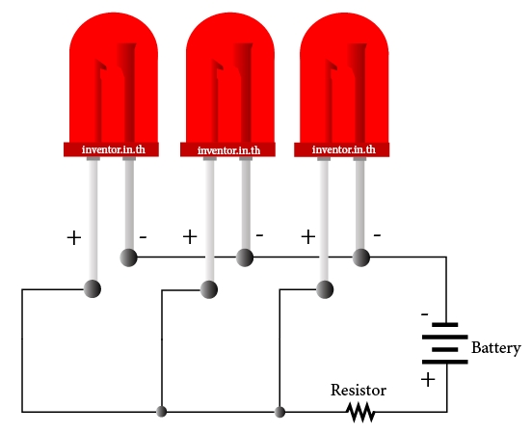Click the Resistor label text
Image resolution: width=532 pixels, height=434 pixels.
pyautogui.click(x=359, y=391)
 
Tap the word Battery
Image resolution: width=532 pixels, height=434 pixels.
pyautogui.click(x=496, y=348)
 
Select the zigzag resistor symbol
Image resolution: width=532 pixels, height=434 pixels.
pyautogui.click(x=360, y=412)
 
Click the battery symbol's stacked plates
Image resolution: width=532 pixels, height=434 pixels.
pyautogui.click(x=445, y=343)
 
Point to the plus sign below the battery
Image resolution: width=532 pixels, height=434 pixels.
pyautogui.click(x=428, y=380)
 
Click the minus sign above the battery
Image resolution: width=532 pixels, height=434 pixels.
pyautogui.click(x=424, y=314)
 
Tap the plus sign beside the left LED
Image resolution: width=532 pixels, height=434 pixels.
pyautogui.click(x=74, y=237)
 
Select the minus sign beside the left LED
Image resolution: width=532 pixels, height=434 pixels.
pyautogui.click(x=143, y=236)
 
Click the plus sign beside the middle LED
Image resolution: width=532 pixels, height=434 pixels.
pyautogui.click(x=190, y=236)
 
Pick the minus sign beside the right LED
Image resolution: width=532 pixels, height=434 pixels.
pyautogui.click(x=377, y=234)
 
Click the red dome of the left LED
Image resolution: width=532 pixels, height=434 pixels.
pyautogui.click(x=114, y=78)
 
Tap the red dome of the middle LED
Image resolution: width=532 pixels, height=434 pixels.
pyautogui.click(x=230, y=78)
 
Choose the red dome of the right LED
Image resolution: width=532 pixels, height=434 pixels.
pyautogui.click(x=344, y=78)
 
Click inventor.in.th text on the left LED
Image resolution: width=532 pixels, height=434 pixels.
pyautogui.click(x=114, y=149)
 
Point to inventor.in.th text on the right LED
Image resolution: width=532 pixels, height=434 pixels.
pyautogui.click(x=344, y=149)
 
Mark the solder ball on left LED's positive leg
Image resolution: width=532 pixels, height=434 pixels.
pyautogui.click(x=92, y=289)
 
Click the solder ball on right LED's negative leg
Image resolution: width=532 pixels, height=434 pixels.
pyautogui.click(x=361, y=258)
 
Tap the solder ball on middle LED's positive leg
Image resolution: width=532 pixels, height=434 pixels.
pyautogui.click(x=209, y=289)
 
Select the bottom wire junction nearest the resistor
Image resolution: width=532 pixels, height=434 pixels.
pyautogui.click(x=279, y=412)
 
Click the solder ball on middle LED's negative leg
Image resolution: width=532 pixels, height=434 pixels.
pyautogui.click(x=245, y=258)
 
